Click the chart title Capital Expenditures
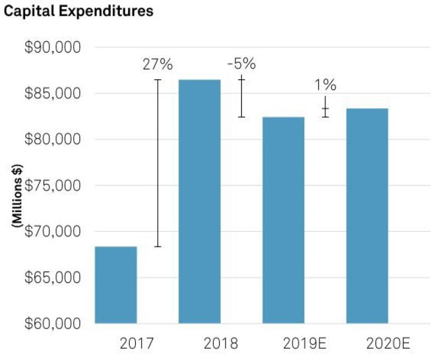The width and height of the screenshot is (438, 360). [x=78, y=11]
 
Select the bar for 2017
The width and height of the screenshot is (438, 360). [x=116, y=284]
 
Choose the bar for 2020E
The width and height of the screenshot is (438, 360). [x=367, y=216]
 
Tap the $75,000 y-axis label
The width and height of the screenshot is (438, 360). [x=53, y=185]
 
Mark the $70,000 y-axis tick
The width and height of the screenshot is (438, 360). [x=53, y=231]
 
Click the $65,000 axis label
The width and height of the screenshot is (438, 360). [x=53, y=277]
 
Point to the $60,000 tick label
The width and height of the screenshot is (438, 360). [x=53, y=323]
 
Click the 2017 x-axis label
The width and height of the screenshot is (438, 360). [x=136, y=345]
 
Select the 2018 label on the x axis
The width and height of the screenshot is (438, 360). [x=221, y=345]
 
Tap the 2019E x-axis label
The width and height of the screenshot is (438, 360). [x=304, y=345]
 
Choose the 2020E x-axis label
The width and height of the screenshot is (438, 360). [x=388, y=345]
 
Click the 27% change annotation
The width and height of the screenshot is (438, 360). [x=158, y=64]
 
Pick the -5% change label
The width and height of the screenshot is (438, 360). [x=241, y=63]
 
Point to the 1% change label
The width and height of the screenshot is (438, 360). [x=325, y=85]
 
